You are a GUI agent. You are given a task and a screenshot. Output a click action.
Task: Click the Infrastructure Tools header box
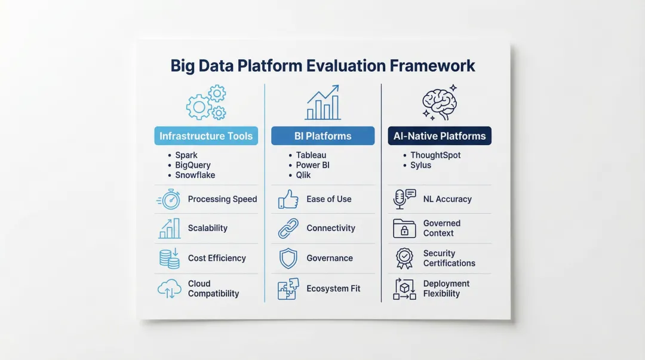coord(206,136)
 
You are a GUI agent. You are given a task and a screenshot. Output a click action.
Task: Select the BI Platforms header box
coord(323,136)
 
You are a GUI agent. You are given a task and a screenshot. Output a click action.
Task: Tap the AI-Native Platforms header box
coord(440,136)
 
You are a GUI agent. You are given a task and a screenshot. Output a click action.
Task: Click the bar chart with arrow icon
coord(322,103)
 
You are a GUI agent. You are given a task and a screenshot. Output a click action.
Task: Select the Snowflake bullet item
coord(195,175)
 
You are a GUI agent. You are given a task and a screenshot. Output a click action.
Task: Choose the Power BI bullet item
coord(312,165)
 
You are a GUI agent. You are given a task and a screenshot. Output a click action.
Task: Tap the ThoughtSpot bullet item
coord(435,155)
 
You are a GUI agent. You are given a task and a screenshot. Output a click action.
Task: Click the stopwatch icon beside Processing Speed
coord(168,199)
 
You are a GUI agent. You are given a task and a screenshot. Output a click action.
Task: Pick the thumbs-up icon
coord(288,199)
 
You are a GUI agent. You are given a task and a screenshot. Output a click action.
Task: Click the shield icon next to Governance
coord(288,259)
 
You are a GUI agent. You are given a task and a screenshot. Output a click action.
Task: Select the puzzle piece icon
coord(288,289)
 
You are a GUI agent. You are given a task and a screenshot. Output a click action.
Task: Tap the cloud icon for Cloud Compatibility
coord(169,289)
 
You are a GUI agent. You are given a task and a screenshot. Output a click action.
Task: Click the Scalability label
coord(207,228)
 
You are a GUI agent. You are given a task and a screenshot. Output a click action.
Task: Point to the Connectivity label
coord(330,228)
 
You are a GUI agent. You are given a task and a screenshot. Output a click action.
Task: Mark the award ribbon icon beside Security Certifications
coord(404,259)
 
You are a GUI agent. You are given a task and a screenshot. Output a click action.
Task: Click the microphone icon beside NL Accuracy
coord(404,199)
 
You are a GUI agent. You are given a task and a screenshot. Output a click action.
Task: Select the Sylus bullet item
coord(420,165)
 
